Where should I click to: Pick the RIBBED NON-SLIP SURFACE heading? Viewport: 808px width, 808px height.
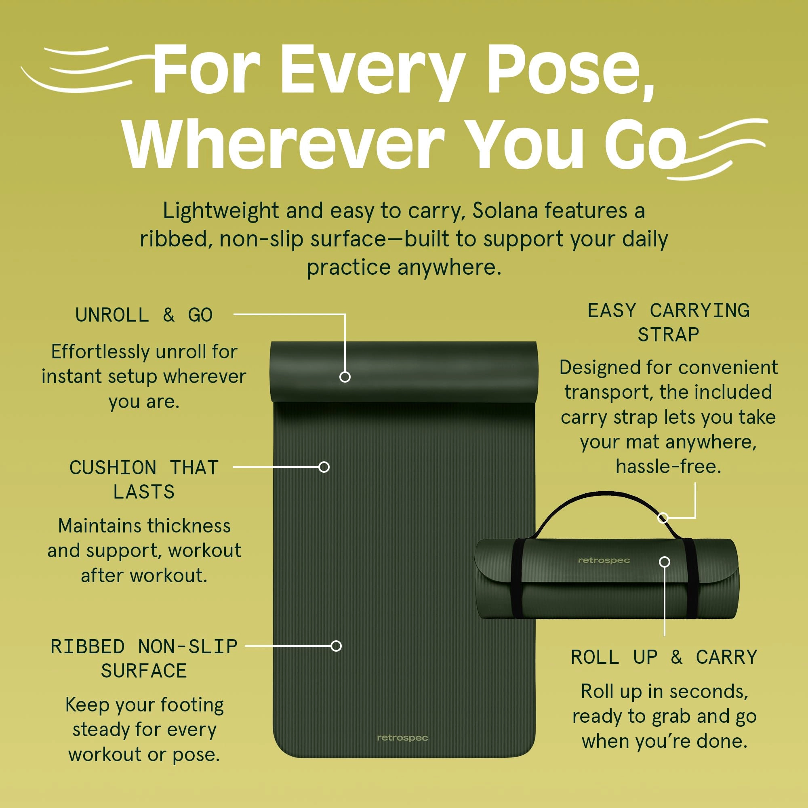pos(144,659)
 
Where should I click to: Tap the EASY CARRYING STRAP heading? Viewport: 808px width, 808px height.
pos(668,322)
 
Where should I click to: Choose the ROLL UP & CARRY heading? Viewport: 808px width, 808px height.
pos(664,657)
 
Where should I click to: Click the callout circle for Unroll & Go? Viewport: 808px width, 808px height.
pos(345,377)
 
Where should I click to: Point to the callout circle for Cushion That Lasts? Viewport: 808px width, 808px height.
pos(324,467)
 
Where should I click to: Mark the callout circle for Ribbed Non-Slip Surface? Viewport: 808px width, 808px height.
pos(336,646)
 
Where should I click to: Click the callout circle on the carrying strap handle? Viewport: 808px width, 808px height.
pos(663,518)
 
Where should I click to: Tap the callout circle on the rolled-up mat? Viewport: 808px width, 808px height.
pos(664,562)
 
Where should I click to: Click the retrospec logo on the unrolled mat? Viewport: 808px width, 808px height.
pos(402,738)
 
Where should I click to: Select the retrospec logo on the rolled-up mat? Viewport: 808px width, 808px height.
pos(604,560)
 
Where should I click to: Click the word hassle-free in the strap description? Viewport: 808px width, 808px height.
pos(668,466)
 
